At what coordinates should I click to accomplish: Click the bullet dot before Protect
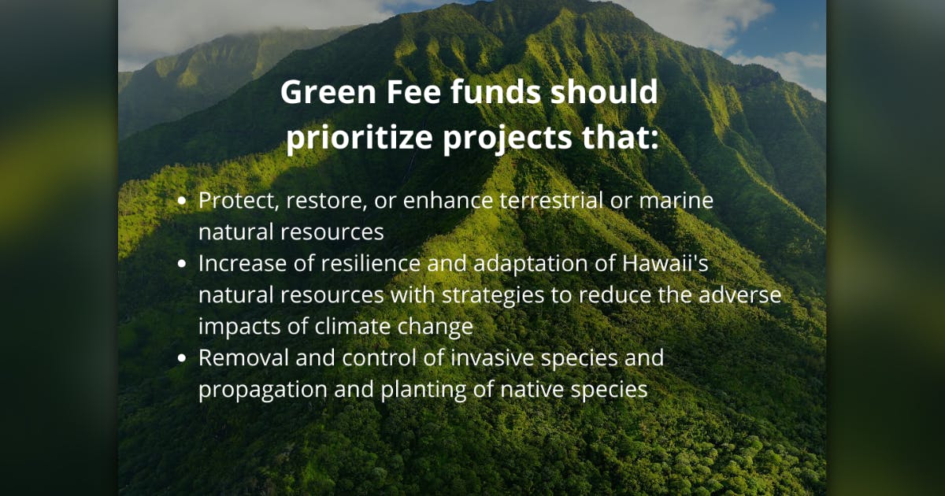click(x=183, y=202)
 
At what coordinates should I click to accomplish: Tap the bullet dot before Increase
click(x=183, y=265)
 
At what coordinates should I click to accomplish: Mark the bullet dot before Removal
click(x=183, y=359)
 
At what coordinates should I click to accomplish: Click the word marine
click(x=675, y=201)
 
